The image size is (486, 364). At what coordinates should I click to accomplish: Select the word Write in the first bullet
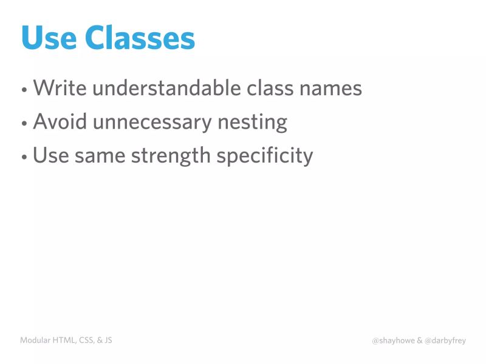60,89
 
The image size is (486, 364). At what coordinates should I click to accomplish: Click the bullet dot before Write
24,90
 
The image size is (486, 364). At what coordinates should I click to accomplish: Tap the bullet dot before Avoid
24,124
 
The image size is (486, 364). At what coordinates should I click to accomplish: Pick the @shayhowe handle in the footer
393,341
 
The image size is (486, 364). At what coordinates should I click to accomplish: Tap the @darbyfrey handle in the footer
446,341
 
